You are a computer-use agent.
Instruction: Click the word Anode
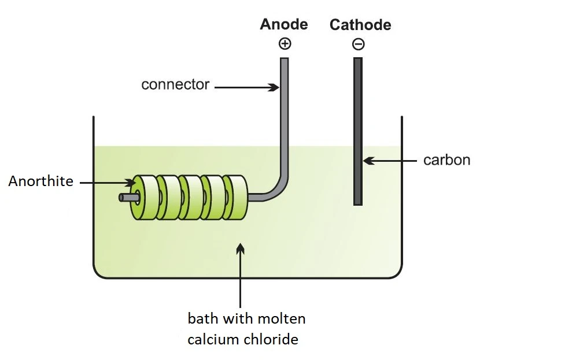pos(283,24)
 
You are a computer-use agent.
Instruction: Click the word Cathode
pos(360,25)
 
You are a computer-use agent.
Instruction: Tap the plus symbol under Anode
pos(284,43)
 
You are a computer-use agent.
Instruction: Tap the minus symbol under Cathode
pos(358,44)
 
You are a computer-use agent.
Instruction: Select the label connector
pos(175,85)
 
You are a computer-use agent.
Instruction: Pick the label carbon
pos(446,160)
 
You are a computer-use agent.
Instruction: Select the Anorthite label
pos(41,181)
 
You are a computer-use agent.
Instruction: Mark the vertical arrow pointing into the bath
pos(241,274)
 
